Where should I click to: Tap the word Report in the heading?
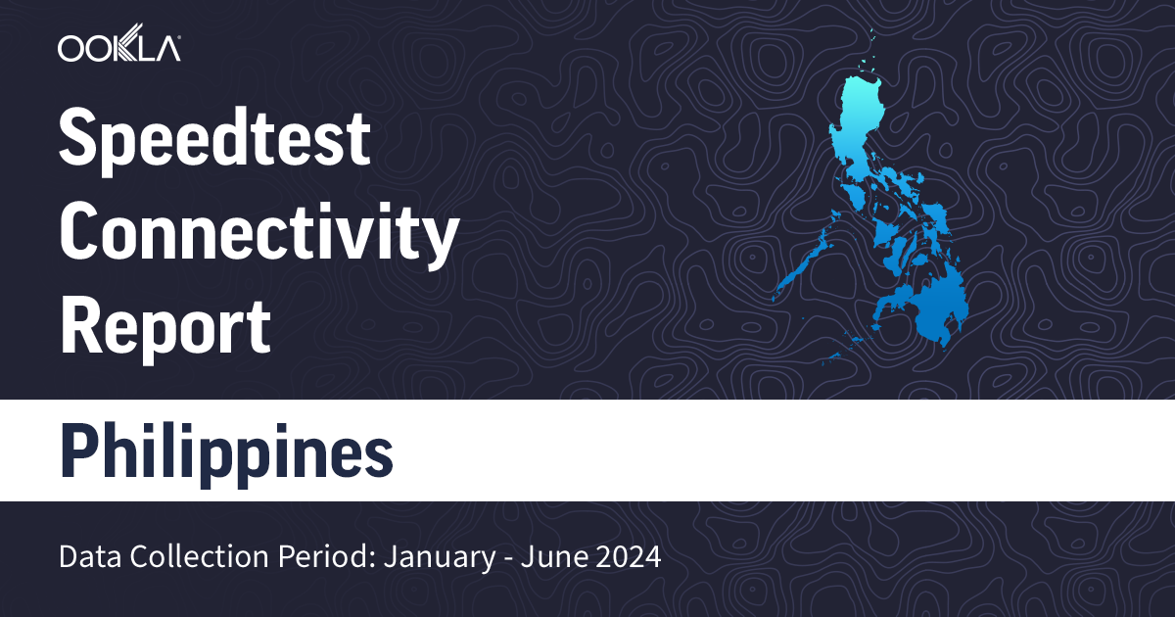click(x=164, y=327)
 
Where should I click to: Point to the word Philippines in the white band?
click(x=226, y=451)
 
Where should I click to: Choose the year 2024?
click(x=627, y=559)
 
